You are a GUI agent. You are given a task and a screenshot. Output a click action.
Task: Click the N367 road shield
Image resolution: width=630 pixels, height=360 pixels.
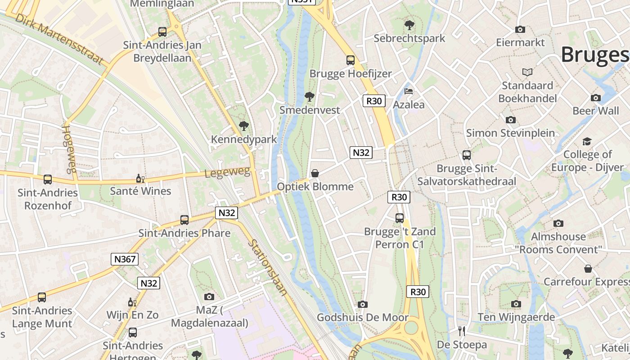click(124, 259)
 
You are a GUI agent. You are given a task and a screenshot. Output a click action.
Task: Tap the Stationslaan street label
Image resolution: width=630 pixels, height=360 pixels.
click(268, 267)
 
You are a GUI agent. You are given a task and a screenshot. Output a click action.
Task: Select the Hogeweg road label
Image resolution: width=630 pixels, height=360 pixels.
click(69, 149)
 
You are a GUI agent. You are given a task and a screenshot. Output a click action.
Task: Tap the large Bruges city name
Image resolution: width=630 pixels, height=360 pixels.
click(594, 55)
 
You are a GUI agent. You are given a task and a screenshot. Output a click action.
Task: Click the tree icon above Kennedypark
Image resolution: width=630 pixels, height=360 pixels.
click(244, 126)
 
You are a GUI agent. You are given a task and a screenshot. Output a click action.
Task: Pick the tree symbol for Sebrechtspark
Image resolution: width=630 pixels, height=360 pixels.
click(409, 25)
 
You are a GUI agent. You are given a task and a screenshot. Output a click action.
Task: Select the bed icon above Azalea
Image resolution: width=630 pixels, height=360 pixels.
click(409, 91)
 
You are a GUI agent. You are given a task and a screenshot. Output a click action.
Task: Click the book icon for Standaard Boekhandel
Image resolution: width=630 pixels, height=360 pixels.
click(527, 72)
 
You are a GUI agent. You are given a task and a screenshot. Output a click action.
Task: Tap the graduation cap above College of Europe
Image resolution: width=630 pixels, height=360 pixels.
click(587, 141)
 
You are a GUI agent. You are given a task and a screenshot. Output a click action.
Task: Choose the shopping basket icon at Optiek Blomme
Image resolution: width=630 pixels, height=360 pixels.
click(315, 173)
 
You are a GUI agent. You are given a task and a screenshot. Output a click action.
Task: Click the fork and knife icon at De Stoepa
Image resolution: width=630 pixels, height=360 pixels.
click(462, 331)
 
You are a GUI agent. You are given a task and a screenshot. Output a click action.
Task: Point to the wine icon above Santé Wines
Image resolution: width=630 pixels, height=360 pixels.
click(140, 178)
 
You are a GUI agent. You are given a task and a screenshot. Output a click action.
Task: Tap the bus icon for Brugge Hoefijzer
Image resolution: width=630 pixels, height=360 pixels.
click(351, 60)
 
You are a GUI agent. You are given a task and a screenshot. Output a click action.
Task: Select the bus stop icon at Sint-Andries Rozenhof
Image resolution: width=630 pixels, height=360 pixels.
click(48, 180)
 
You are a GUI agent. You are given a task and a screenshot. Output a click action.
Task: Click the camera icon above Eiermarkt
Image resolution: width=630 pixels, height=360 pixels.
click(520, 29)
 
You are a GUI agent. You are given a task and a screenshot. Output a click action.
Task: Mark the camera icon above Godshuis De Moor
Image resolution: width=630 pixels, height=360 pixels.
click(363, 304)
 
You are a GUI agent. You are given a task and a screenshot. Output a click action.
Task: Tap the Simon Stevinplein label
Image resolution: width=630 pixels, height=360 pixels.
click(510, 133)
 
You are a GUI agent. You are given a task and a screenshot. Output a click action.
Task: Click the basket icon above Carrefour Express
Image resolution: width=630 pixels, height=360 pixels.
click(588, 269)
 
